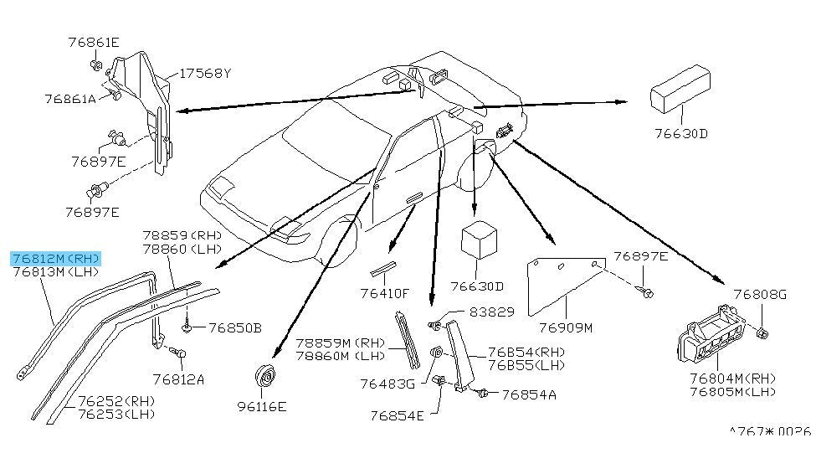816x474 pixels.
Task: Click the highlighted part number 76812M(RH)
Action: pos(56,259)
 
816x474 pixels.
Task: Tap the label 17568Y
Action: pos(205,74)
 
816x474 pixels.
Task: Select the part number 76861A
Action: pos(70,99)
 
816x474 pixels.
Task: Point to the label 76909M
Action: pos(566,327)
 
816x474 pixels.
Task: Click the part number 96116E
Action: pos(262,406)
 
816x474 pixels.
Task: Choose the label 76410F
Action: pos(385,293)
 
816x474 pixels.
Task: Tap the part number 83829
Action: pos(492,312)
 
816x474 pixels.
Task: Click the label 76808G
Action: pos(760,295)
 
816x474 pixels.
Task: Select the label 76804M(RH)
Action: pos(733,379)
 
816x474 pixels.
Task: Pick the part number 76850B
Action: pos(235,327)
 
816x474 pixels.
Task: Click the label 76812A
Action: pos(178,379)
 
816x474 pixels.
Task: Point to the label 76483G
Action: pos(387,384)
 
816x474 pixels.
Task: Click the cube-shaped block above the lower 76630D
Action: pos(479,240)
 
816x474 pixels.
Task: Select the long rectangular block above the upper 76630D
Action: pos(680,89)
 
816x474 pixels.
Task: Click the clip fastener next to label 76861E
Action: pos(96,65)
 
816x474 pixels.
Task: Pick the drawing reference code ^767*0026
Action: pos(770,432)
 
